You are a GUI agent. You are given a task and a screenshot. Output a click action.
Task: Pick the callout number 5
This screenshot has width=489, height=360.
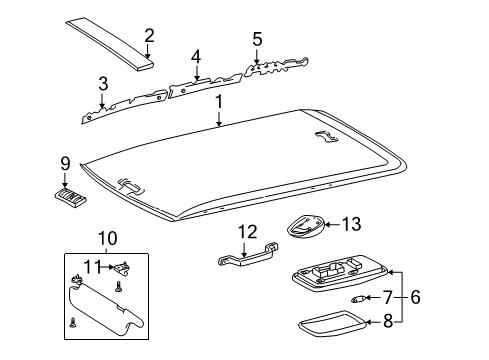click(257, 39)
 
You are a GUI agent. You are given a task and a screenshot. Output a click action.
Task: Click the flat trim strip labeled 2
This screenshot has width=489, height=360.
click(113, 43)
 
